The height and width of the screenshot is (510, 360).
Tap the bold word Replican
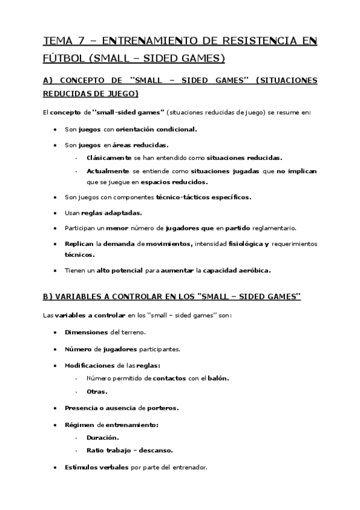[x=79, y=244]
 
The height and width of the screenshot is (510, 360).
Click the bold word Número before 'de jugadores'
[x=78, y=348]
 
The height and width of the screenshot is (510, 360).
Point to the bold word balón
[x=218, y=378]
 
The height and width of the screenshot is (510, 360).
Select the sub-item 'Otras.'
[x=97, y=392]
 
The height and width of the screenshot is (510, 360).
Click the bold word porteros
[x=163, y=408]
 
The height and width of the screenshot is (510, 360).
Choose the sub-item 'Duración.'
[x=103, y=437]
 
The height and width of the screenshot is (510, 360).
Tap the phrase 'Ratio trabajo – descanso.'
[x=129, y=450]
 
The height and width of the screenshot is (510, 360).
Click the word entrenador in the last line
[x=188, y=467]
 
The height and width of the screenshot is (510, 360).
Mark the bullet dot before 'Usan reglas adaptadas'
[x=55, y=213]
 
